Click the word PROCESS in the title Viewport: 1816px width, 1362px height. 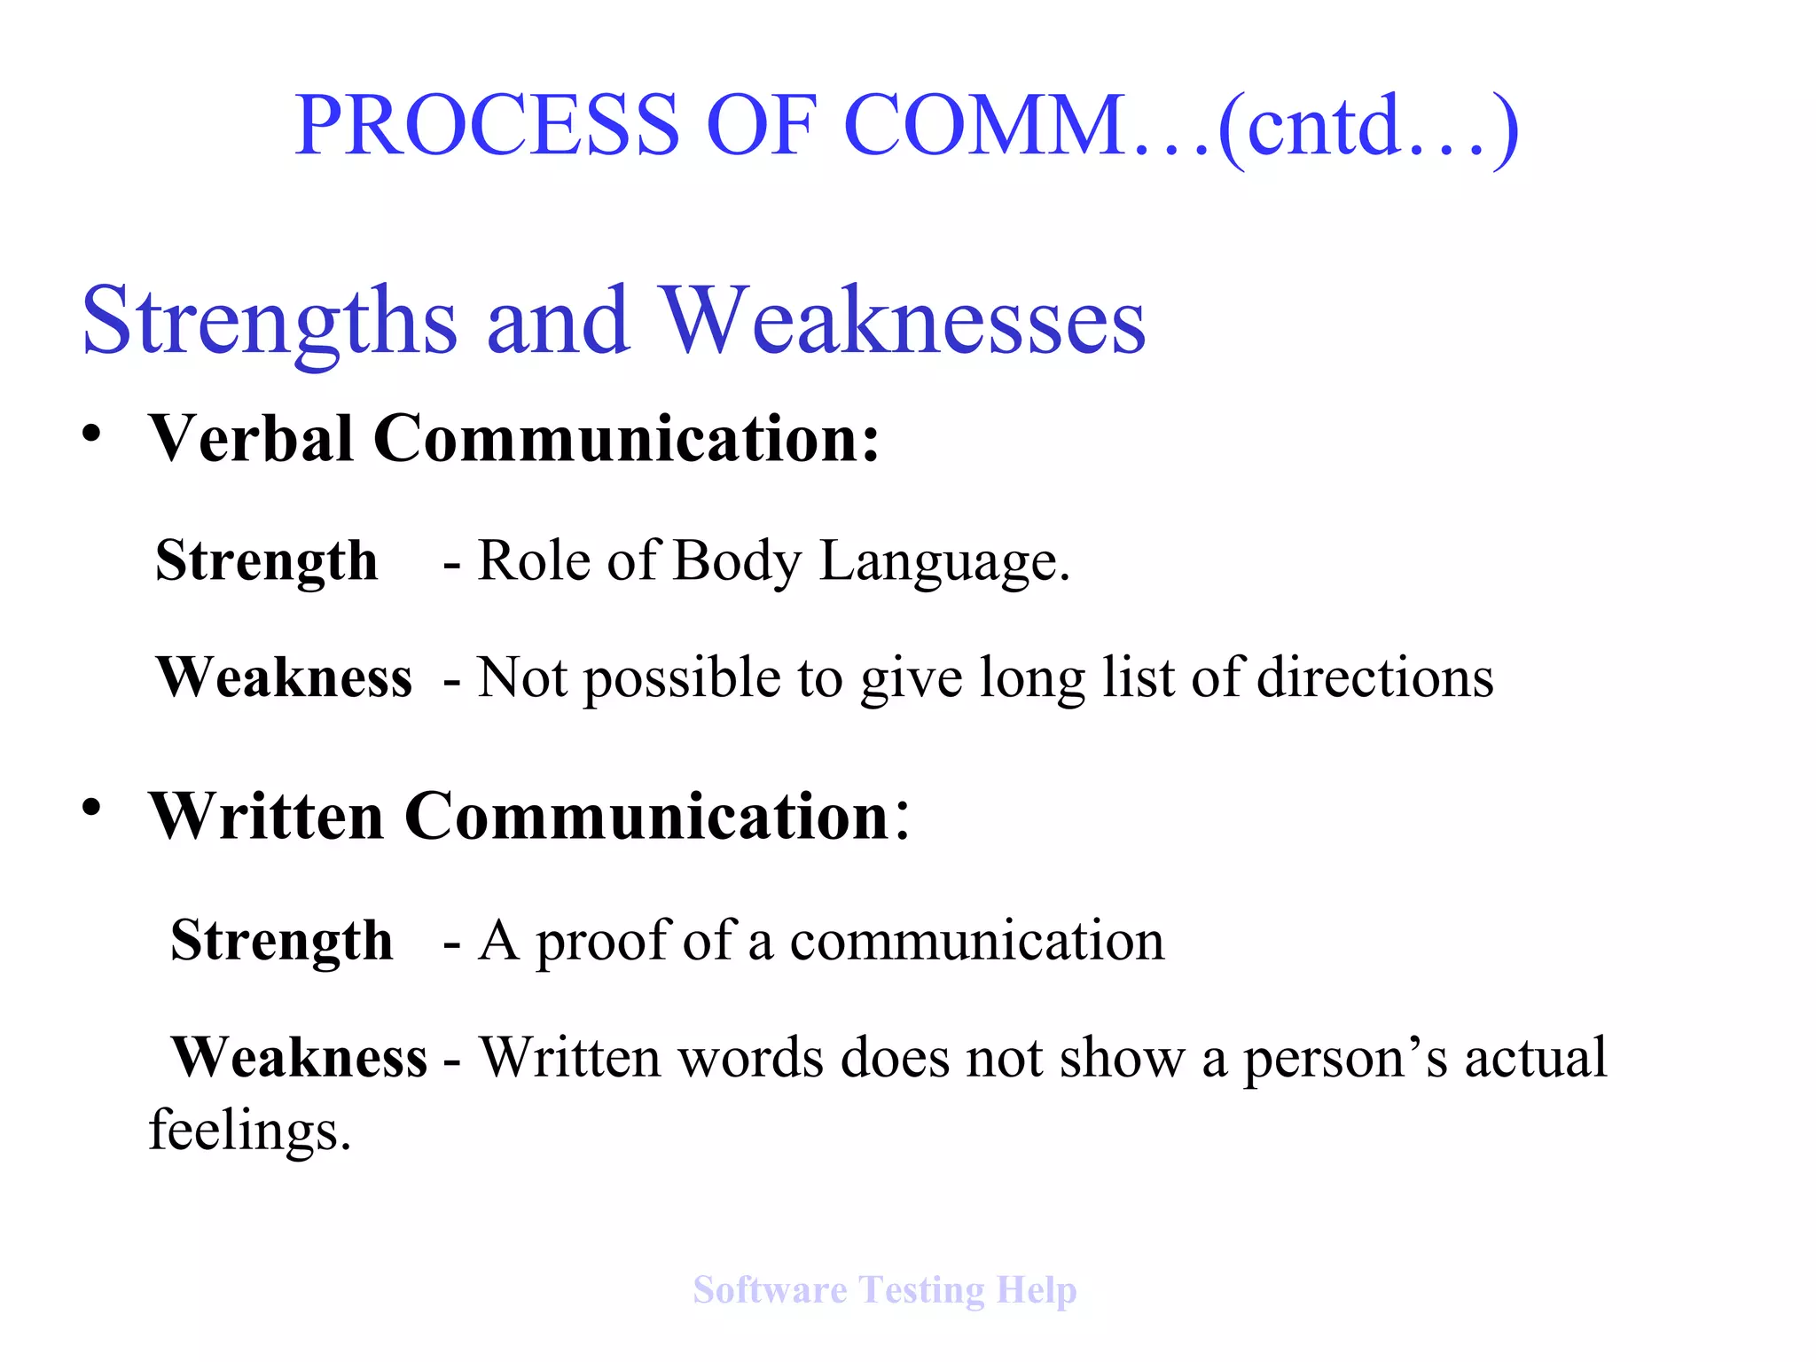[x=487, y=126]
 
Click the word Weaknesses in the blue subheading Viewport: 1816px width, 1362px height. [x=904, y=321]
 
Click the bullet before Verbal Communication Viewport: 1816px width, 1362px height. [x=91, y=434]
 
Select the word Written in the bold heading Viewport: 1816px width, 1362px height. [x=266, y=816]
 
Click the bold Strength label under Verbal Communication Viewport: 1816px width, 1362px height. [x=266, y=561]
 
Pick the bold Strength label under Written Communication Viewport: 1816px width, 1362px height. [x=281, y=941]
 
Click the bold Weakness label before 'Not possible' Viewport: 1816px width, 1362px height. [x=284, y=678]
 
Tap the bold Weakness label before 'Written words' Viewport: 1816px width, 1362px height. [x=299, y=1057]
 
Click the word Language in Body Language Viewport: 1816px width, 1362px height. [x=944, y=563]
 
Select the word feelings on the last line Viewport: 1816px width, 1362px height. [x=249, y=1132]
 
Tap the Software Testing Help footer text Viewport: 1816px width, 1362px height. [x=884, y=1290]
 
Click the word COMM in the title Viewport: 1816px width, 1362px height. [x=984, y=126]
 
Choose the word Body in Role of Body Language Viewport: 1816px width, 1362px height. [x=737, y=563]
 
